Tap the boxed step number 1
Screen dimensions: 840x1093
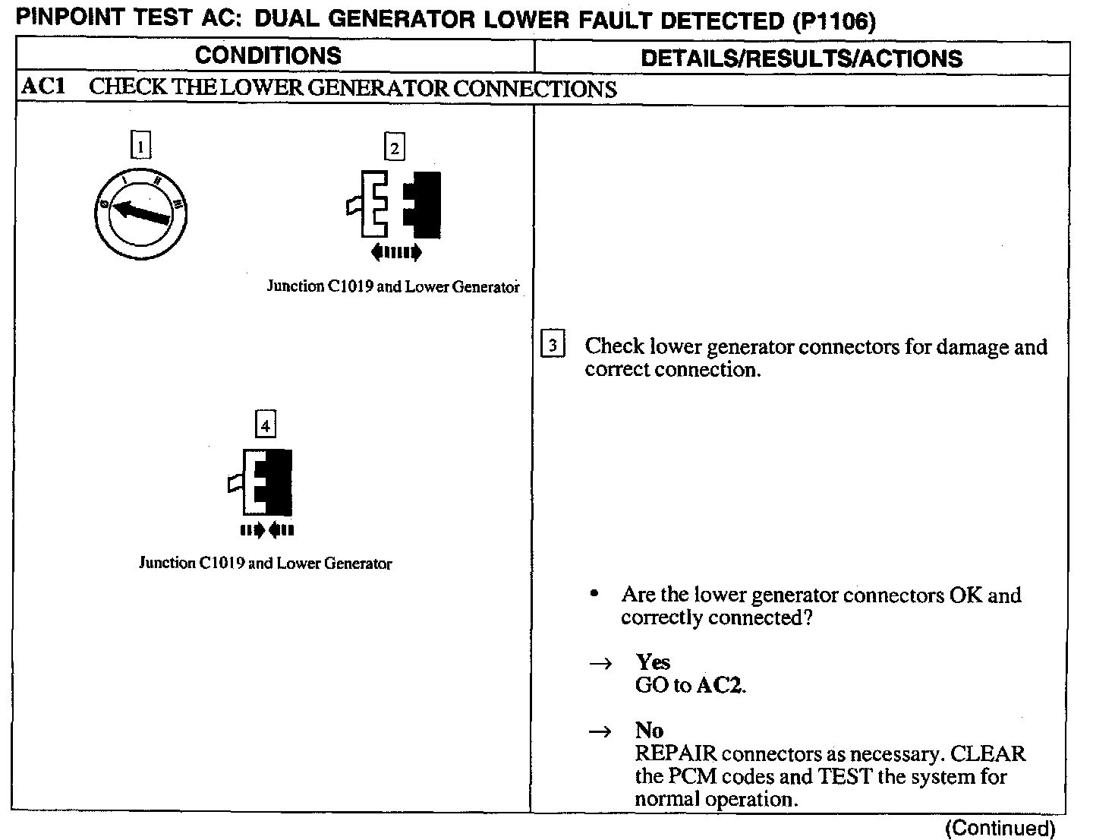(x=141, y=145)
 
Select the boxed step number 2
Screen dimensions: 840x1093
(x=394, y=147)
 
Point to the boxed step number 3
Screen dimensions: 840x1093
(x=553, y=346)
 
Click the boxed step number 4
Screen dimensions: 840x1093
(x=265, y=425)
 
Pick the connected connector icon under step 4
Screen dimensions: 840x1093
(x=263, y=482)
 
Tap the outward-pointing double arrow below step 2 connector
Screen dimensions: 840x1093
(x=395, y=252)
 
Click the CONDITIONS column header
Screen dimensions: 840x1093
(x=268, y=55)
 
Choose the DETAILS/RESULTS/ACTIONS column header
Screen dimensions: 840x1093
(x=802, y=58)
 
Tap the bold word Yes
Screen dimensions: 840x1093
(x=653, y=662)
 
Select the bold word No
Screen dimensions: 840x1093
(x=649, y=731)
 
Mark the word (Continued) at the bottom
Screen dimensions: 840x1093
(x=1000, y=827)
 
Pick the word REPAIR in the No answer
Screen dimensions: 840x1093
(x=676, y=754)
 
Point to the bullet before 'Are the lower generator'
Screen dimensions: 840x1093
(x=596, y=595)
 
